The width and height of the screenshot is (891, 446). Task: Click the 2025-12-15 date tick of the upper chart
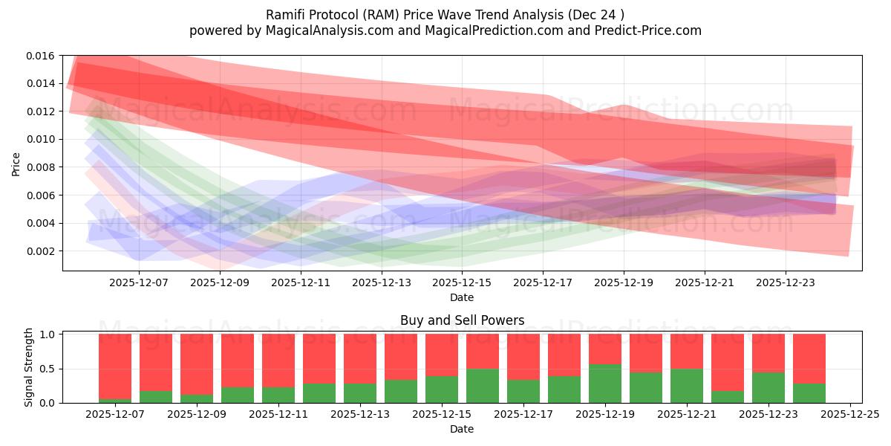pos(462,282)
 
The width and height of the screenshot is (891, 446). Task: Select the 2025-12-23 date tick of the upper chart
pos(786,282)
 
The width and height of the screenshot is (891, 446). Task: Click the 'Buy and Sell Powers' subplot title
pos(462,321)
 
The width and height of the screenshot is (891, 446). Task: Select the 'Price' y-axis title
pos(16,164)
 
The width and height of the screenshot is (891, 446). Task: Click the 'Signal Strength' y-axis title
pos(30,367)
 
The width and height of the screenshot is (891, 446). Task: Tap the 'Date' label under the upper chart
pos(462,297)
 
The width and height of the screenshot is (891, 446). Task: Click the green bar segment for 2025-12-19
pos(605,384)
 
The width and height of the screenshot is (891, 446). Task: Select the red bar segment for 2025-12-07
pos(115,366)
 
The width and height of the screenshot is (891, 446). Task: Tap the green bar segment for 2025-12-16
pos(483,386)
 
